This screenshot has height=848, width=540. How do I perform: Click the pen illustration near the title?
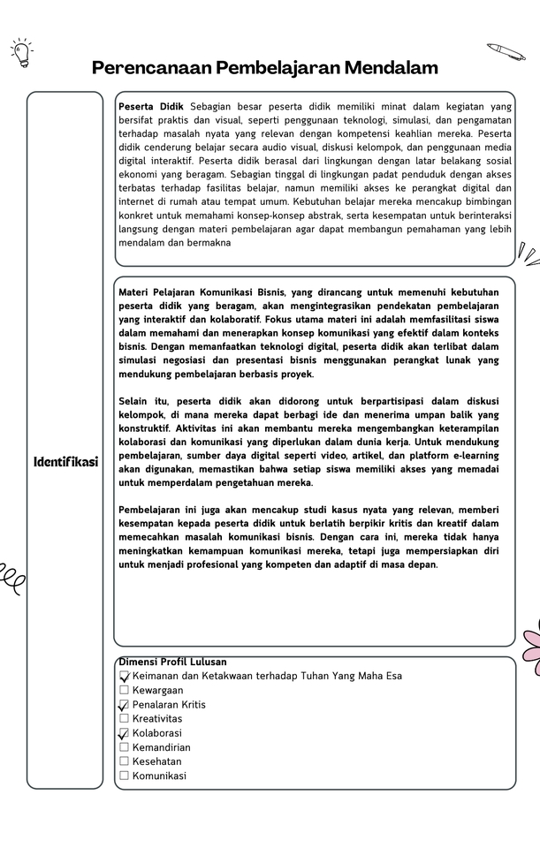(506, 51)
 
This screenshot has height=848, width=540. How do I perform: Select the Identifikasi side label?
(65, 462)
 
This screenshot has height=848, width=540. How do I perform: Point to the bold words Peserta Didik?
(151, 106)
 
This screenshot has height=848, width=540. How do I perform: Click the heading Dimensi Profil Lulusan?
(172, 662)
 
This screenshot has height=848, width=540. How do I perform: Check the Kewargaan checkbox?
(124, 690)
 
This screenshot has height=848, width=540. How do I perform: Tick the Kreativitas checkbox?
(124, 718)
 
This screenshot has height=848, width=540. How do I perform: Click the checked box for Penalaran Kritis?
(124, 705)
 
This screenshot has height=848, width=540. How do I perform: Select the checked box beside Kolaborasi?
(124, 733)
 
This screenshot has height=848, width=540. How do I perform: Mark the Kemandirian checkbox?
(124, 747)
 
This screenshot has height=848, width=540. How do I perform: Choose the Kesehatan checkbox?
(124, 761)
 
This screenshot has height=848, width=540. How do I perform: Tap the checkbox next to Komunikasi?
(124, 776)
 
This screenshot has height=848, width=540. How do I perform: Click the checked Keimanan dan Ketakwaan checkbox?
(124, 676)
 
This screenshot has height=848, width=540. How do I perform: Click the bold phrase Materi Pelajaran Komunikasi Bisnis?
(202, 291)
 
